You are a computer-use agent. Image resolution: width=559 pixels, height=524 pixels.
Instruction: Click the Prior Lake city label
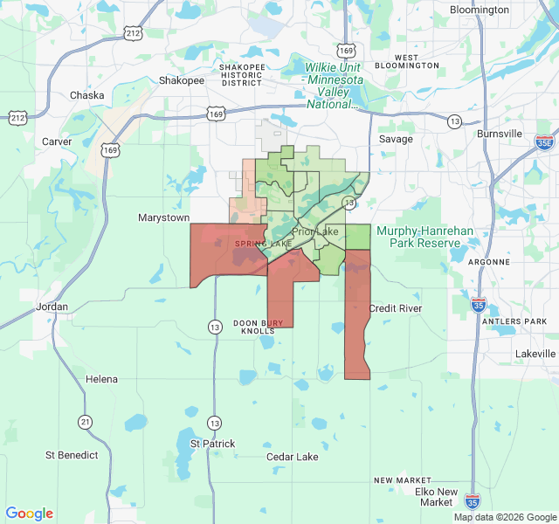coord(315,231)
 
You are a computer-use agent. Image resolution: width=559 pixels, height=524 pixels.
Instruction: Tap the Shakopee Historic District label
coord(242,75)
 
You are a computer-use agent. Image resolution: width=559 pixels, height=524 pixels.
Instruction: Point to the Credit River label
coord(395,308)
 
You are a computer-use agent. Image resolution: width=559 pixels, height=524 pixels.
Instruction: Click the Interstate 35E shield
coord(544,141)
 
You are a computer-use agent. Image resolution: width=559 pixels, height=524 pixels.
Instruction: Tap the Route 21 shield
coord(85,422)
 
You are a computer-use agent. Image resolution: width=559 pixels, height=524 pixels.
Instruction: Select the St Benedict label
coord(72,455)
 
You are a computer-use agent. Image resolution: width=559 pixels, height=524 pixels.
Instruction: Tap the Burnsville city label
coord(500,134)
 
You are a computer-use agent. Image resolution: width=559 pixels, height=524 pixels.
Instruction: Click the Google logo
coord(30,514)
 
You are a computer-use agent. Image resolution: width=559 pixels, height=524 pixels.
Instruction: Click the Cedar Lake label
coord(293,457)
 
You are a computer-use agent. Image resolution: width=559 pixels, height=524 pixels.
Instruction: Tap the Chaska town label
coord(86,95)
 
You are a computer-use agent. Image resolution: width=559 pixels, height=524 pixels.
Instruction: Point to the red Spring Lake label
coord(262,244)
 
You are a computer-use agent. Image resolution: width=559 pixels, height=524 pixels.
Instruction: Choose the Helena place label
coord(101,379)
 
